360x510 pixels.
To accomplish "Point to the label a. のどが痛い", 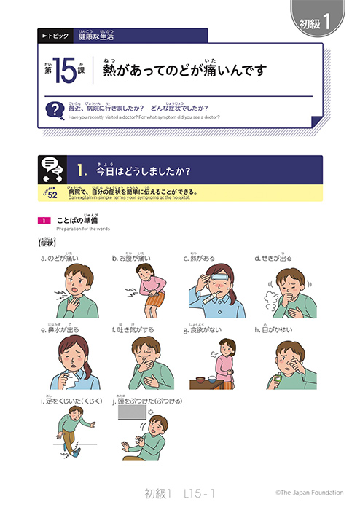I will pyautogui.click(x=60, y=258).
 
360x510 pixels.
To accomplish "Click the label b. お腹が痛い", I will pyautogui.click(x=131, y=258).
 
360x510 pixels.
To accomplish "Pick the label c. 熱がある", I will pyautogui.click(x=200, y=258).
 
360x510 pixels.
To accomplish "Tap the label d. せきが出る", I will pyautogui.click(x=273, y=258).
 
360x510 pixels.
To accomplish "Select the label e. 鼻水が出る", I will pyautogui.click(x=60, y=329).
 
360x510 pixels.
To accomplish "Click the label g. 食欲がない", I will pyautogui.click(x=204, y=329).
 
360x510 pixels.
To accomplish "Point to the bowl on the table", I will pyautogui.click(x=206, y=380).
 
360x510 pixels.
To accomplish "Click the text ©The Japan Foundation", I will pyautogui.click(x=309, y=493).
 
